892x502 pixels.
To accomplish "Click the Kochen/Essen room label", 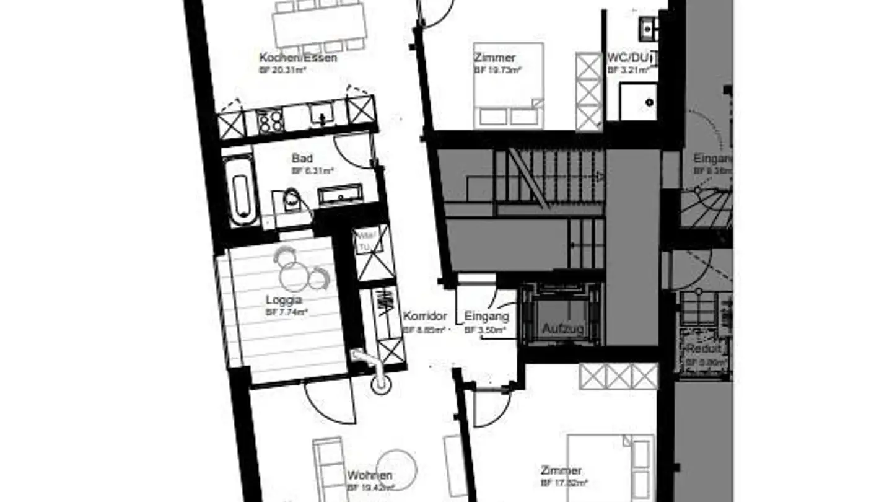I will (x=298, y=58).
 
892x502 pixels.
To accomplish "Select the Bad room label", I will (x=302, y=159).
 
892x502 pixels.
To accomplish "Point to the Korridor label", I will (x=425, y=316).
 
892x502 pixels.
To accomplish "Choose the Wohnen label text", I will (x=369, y=475).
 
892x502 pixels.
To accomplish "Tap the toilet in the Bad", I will (x=291, y=200).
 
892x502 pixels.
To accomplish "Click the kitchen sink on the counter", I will (x=321, y=113).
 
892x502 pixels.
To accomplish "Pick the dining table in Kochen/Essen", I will (x=319, y=25).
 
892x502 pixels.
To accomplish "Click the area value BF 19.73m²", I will (x=498, y=70).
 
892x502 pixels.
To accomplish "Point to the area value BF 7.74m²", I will (x=287, y=312).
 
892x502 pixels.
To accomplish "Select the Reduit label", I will (x=703, y=350).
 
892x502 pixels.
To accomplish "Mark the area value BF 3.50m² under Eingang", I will (x=486, y=330).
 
